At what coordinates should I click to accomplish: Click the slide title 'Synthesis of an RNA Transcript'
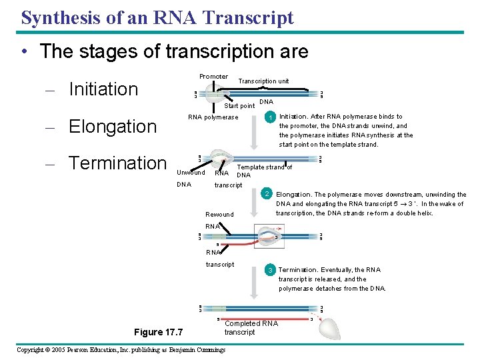point(157,18)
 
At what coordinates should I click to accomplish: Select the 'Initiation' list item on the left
point(103,89)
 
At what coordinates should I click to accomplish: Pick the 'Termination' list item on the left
point(117,163)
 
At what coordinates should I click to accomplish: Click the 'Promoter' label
point(213,77)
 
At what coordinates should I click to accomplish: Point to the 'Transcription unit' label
point(264,81)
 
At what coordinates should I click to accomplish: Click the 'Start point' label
point(239,106)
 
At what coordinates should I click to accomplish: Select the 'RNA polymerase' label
point(213,118)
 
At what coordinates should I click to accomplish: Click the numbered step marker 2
point(266,194)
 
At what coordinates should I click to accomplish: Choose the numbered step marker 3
point(270,270)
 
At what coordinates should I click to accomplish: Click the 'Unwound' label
point(191,173)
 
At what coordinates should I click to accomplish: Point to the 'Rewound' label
point(220,215)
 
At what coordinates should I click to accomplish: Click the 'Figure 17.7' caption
point(158,332)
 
